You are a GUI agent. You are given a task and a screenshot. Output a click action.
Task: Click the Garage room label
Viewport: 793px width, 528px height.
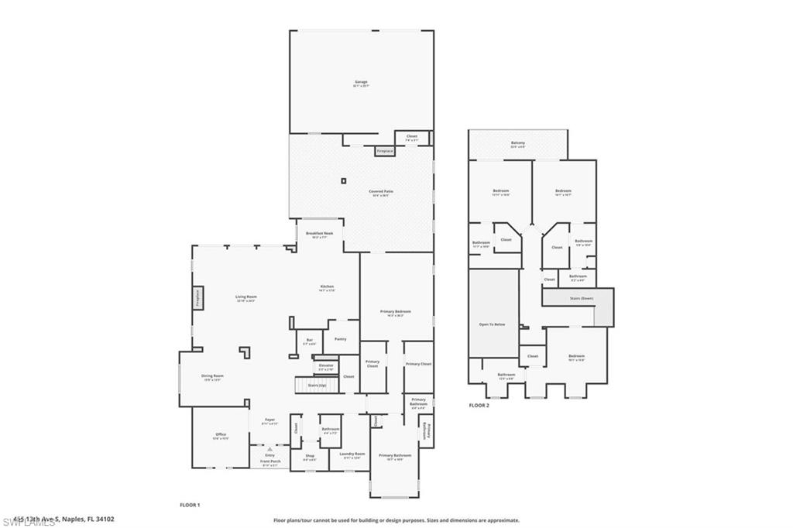click(x=361, y=82)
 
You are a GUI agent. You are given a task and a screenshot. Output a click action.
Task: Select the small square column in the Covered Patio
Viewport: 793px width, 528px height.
click(x=343, y=181)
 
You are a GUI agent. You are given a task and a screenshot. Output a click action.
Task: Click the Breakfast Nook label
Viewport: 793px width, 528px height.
click(x=319, y=234)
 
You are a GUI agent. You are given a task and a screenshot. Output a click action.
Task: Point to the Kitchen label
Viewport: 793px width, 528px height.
click(x=327, y=287)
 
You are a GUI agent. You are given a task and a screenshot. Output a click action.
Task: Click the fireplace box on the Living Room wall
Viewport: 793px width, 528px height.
click(x=197, y=299)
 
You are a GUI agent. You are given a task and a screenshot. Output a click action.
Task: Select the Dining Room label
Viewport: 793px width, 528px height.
click(x=212, y=377)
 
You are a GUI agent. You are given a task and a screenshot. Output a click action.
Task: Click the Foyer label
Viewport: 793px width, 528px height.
click(x=269, y=420)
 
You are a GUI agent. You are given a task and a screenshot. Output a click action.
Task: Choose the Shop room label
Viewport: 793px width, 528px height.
click(x=310, y=456)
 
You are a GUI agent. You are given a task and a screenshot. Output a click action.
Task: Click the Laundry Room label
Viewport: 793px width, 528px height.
click(x=352, y=454)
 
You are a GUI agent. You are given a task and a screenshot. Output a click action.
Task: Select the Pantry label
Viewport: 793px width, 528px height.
click(x=340, y=339)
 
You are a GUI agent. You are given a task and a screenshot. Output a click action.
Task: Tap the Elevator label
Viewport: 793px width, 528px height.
click(x=326, y=365)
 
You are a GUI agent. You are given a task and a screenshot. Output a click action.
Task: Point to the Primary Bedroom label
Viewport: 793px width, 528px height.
click(x=396, y=312)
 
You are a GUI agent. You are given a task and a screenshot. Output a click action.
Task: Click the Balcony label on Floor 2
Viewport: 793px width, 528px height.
click(x=518, y=143)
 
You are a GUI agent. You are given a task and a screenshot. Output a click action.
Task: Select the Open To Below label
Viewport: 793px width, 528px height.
click(x=493, y=324)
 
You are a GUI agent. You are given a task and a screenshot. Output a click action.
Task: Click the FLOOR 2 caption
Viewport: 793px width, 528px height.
click(x=479, y=405)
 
